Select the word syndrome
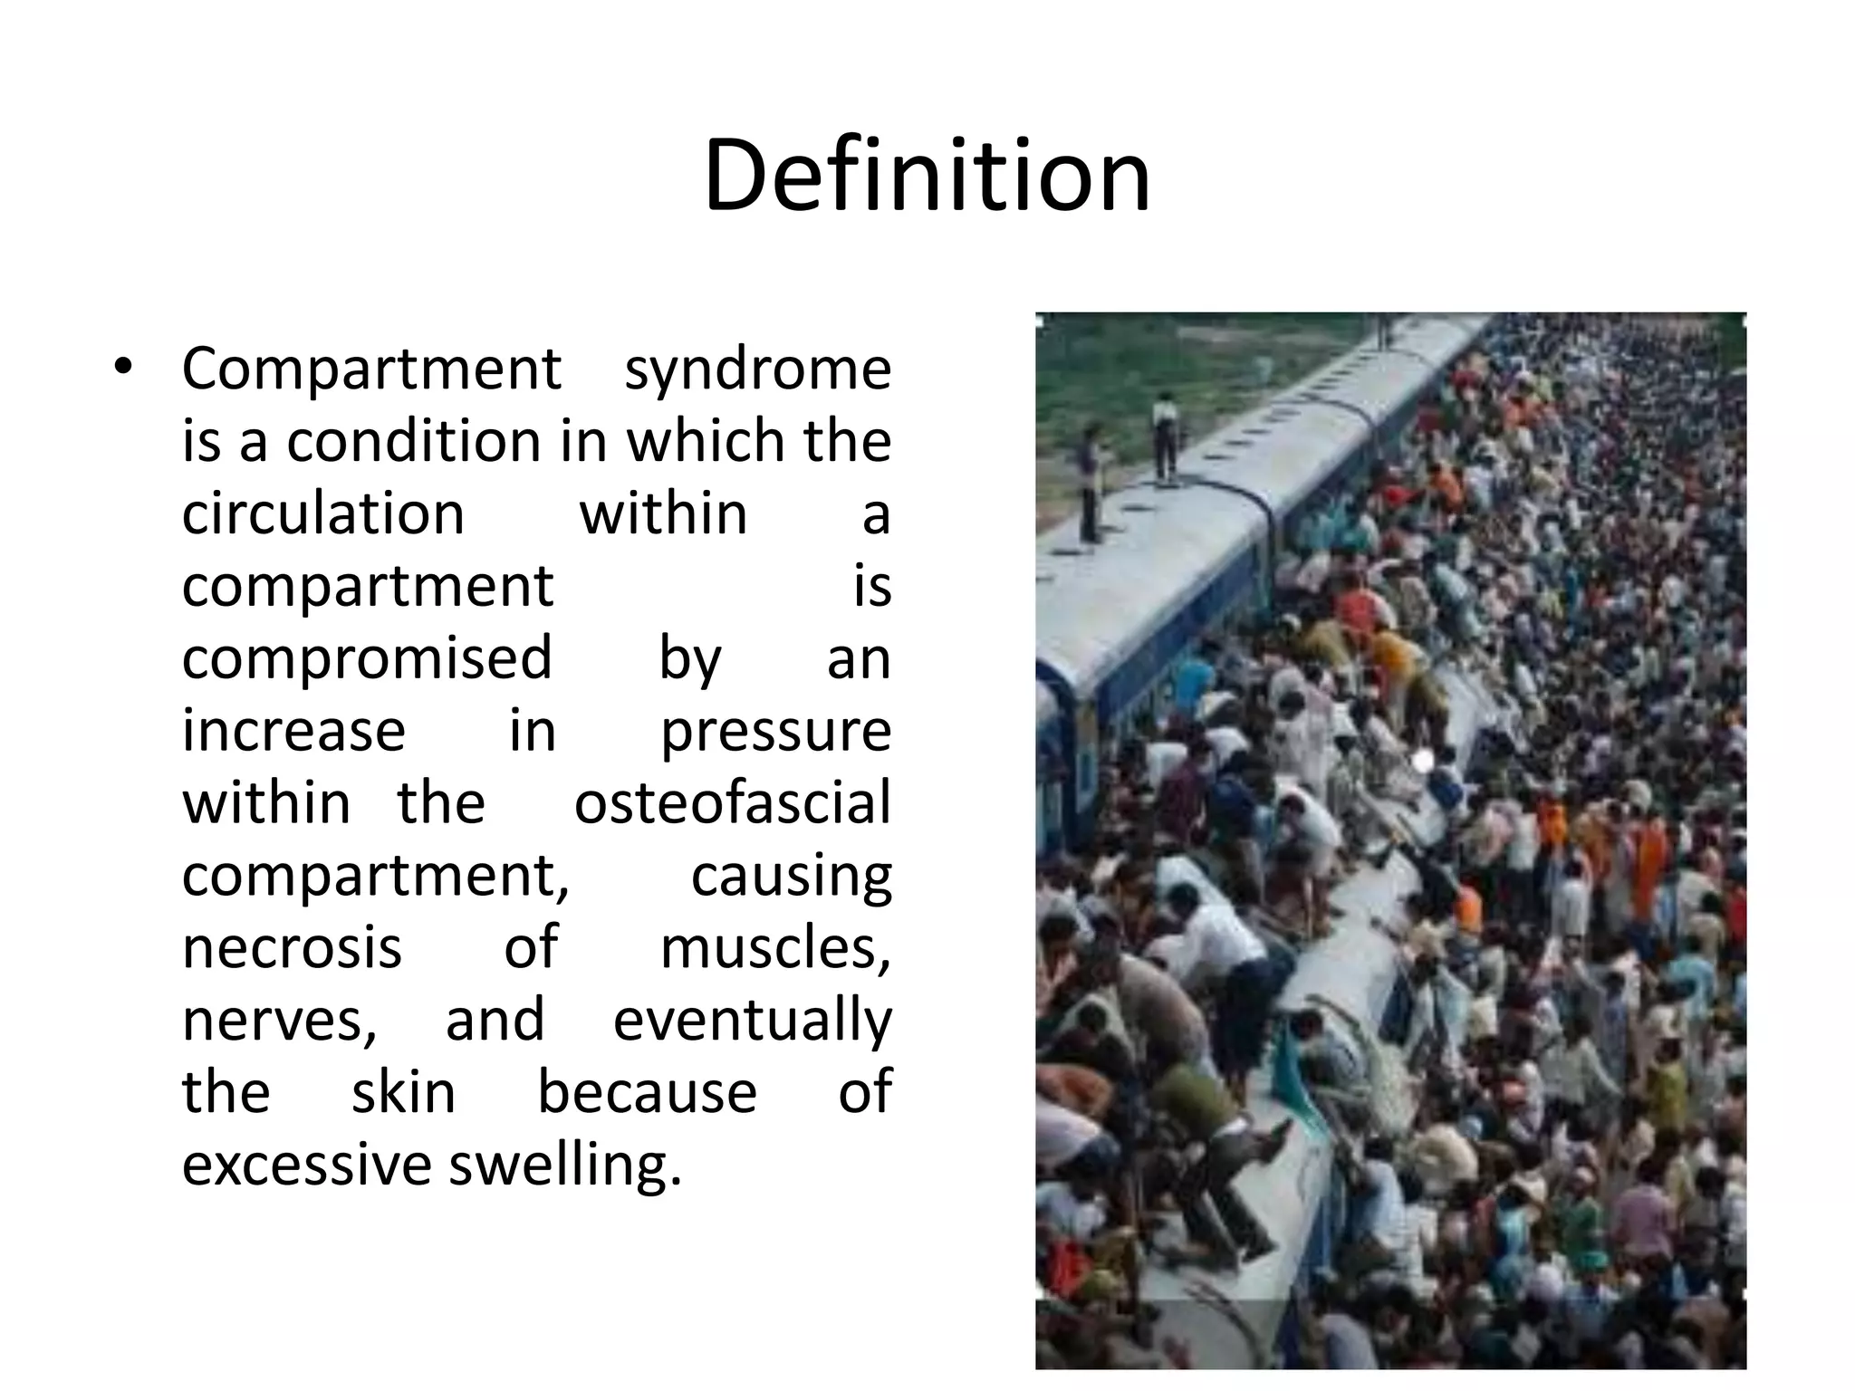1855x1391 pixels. (757, 369)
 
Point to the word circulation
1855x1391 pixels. (323, 513)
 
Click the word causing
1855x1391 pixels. (791, 876)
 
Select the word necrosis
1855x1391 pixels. (292, 947)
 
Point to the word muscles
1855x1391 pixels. (775, 947)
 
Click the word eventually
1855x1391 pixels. (752, 1021)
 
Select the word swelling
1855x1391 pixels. (563, 1165)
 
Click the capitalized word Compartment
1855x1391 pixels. (371, 369)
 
